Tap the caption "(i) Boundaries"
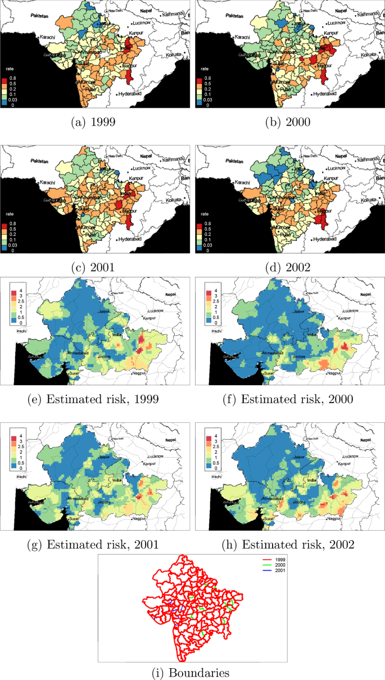point(192,672)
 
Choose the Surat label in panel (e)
point(75,373)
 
